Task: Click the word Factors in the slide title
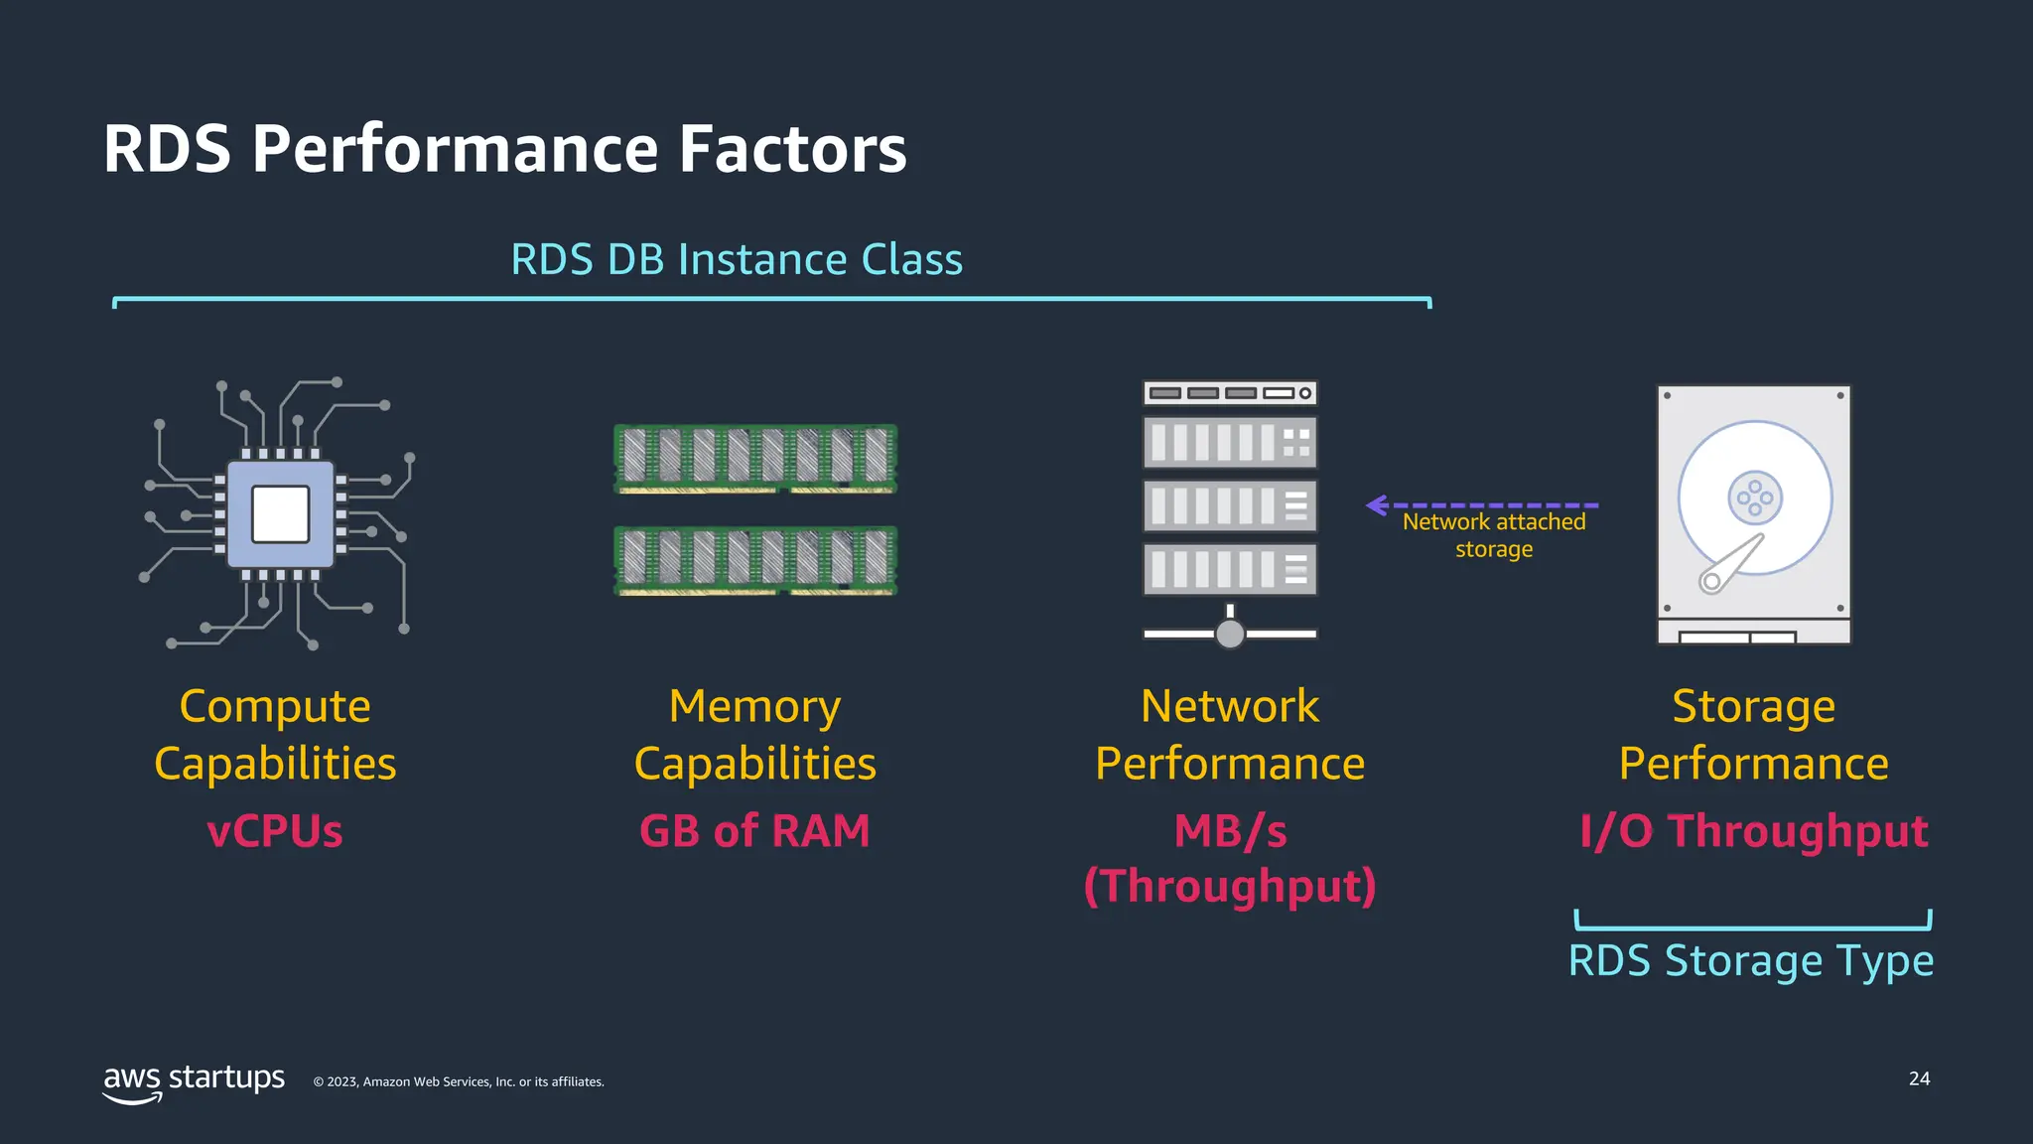click(x=792, y=150)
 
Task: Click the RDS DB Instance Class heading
click(x=736, y=260)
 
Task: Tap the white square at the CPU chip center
click(x=280, y=514)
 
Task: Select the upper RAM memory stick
click(x=755, y=458)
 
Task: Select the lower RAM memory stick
click(x=755, y=560)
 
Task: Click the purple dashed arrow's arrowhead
click(x=1377, y=505)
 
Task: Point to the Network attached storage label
click(x=1494, y=535)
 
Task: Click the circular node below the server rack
click(x=1230, y=634)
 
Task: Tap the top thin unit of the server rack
click(x=1230, y=393)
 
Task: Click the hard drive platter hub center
click(x=1755, y=498)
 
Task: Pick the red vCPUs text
click(x=275, y=831)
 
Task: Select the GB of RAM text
click(x=754, y=831)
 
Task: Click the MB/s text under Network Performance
click(x=1230, y=831)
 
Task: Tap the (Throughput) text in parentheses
click(x=1230, y=886)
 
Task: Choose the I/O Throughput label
click(x=1753, y=831)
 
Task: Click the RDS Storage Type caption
click(x=1751, y=961)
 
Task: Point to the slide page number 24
click(x=1919, y=1078)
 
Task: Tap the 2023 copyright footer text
click(x=459, y=1082)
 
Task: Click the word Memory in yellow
click(x=754, y=707)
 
